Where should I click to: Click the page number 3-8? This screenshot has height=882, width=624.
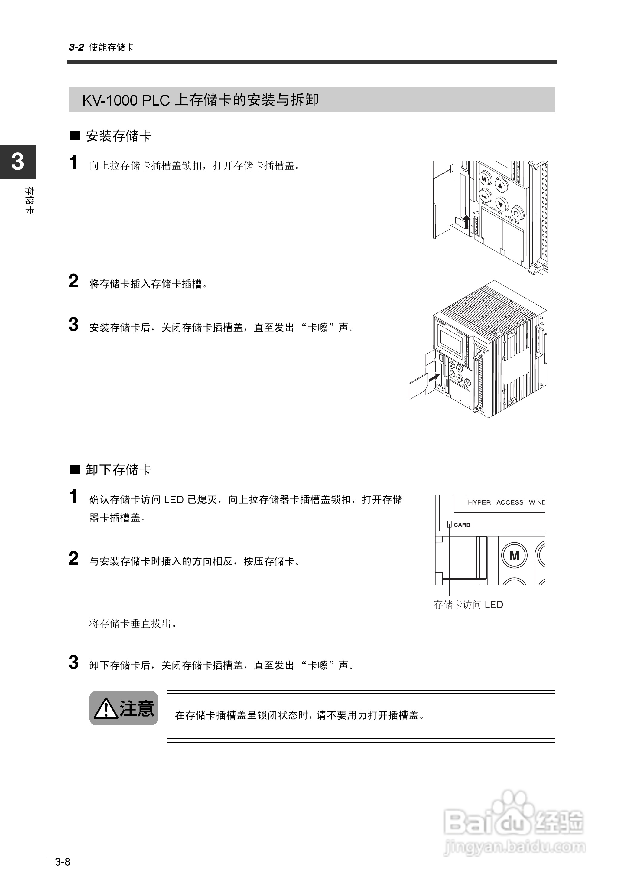[62, 862]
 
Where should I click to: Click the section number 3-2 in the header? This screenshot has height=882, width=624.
[76, 47]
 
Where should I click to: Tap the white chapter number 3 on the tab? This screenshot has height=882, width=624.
[18, 162]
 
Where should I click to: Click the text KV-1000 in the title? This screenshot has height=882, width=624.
[110, 100]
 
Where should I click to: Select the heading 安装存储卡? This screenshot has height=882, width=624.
[118, 136]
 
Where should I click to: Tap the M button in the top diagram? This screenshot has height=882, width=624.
[484, 179]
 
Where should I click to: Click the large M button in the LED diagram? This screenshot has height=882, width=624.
[514, 555]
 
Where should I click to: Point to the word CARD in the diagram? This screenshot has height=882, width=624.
[462, 525]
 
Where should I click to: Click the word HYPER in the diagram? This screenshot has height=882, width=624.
[479, 502]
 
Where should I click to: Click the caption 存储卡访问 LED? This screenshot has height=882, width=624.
[468, 605]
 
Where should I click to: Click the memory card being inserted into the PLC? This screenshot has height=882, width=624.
[418, 387]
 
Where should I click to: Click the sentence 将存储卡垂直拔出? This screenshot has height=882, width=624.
[132, 623]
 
